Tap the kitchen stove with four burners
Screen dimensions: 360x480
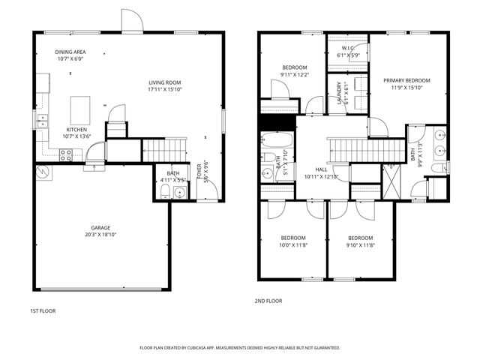[66, 156]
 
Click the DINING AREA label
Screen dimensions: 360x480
[70, 52]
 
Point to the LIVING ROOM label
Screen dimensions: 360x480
[164, 82]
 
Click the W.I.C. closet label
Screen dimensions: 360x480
[347, 49]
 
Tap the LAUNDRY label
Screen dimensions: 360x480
[340, 94]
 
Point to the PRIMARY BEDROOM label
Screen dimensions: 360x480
[407, 80]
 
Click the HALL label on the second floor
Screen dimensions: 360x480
[321, 169]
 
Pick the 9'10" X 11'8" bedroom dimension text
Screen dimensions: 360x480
[360, 244]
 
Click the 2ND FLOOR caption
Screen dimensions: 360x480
[268, 301]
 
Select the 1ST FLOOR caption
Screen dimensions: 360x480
[43, 310]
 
